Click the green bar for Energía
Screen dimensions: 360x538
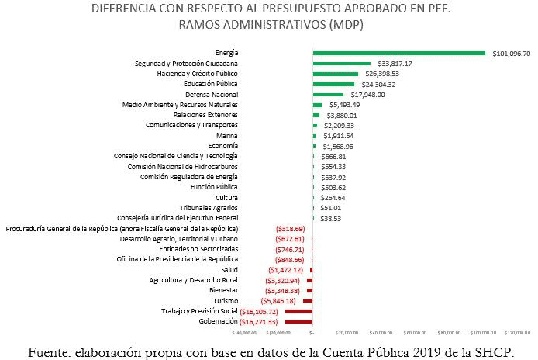tap(398, 53)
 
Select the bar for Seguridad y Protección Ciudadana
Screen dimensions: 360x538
tap(342, 64)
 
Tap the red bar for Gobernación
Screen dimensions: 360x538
tap(298, 320)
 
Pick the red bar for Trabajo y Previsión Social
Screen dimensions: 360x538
tap(298, 310)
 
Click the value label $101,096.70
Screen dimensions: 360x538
tap(512, 54)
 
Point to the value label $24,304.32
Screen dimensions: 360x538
tap(377, 84)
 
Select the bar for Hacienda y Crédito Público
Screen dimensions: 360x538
tap(335, 74)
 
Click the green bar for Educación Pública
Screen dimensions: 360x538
tap(333, 84)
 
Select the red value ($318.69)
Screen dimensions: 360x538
tap(290, 229)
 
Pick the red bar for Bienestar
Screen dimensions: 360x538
tap(309, 290)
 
